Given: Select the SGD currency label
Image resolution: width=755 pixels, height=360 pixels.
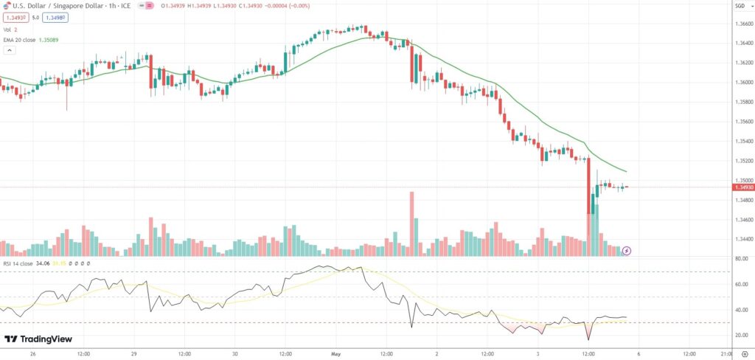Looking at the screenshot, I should pos(740,7).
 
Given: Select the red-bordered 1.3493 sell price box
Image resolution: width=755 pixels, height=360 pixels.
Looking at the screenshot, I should pos(15,17).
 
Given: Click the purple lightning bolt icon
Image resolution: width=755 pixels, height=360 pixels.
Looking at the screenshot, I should pos(627,251).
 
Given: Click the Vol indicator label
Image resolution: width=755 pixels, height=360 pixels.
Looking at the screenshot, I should pos(9,29).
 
